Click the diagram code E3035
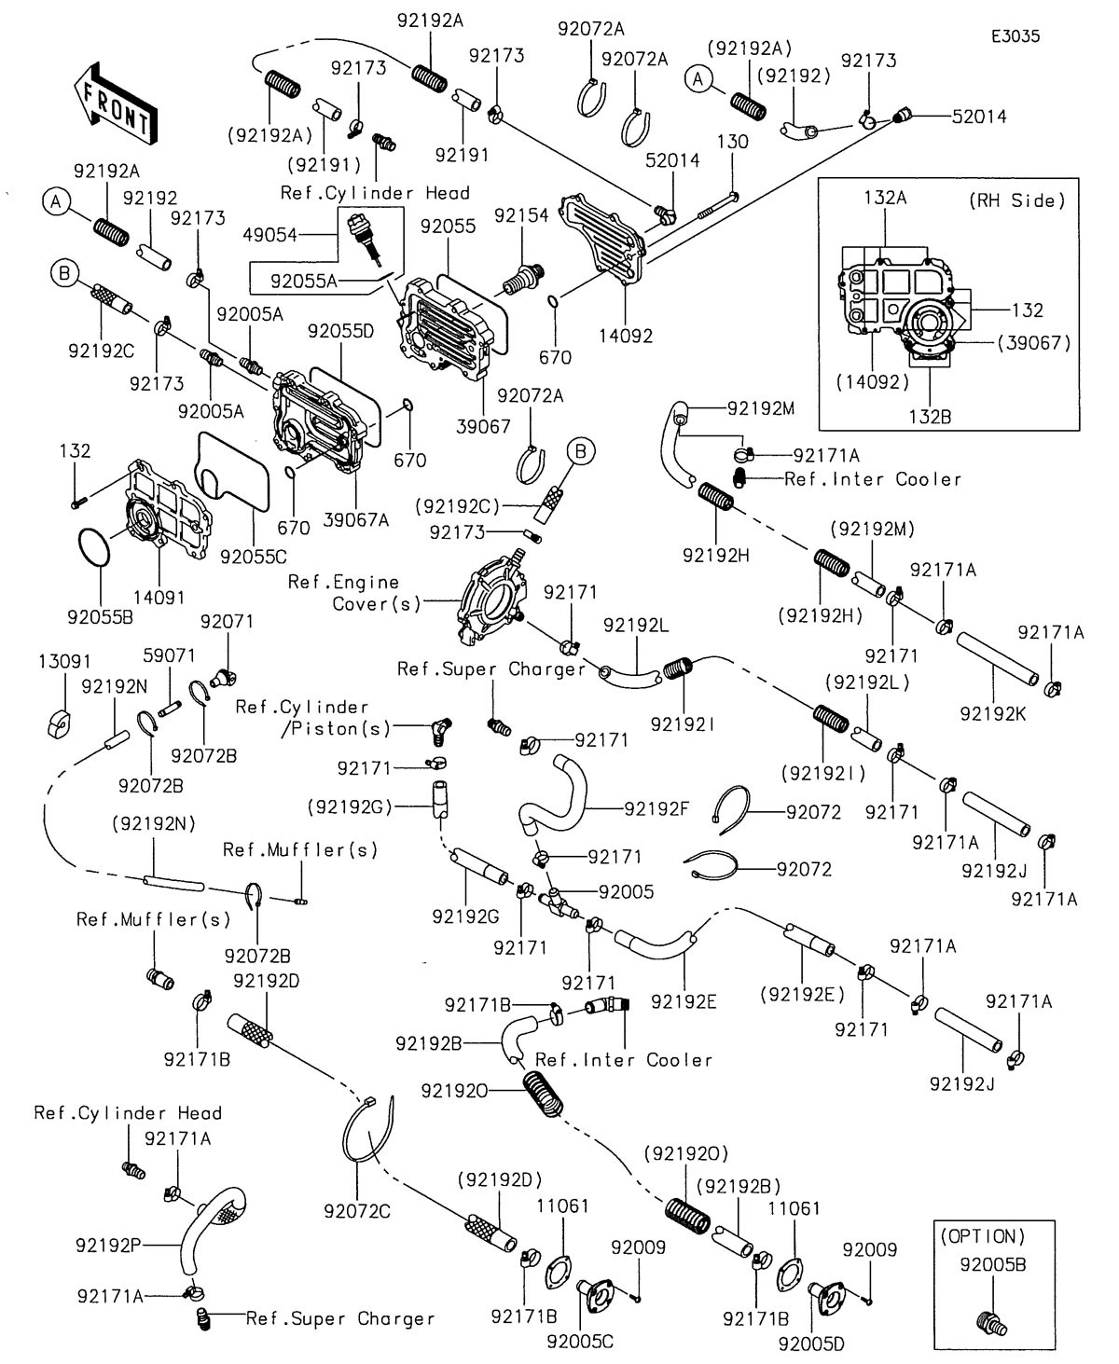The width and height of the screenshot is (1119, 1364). point(1015,36)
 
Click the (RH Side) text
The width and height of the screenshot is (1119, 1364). point(1023,200)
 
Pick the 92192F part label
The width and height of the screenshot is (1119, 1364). point(656,807)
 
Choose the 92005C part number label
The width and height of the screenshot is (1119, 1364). point(580,1342)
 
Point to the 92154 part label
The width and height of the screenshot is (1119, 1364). point(521,215)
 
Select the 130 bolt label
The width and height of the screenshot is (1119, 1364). point(732,141)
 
